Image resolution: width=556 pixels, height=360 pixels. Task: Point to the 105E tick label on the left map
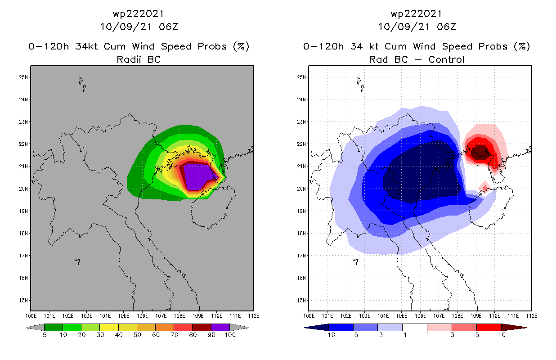pyautogui.click(x=124, y=316)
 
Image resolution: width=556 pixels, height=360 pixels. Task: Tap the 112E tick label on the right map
pyautogui.click(x=532, y=316)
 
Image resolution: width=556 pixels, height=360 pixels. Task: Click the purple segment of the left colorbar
pyautogui.click(x=220, y=327)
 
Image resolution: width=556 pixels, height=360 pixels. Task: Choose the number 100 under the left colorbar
pyautogui.click(x=230, y=335)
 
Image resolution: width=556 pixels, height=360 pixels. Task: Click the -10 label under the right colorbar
pyautogui.click(x=328, y=335)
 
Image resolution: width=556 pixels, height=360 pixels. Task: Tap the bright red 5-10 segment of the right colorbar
pyautogui.click(x=489, y=327)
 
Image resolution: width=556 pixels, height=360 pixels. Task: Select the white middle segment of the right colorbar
pyautogui.click(x=415, y=327)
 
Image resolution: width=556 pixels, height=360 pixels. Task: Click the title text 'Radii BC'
pyautogui.click(x=139, y=59)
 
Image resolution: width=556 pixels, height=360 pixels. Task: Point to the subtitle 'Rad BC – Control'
pyautogui.click(x=417, y=59)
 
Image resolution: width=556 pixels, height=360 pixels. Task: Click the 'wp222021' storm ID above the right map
pyautogui.click(x=417, y=14)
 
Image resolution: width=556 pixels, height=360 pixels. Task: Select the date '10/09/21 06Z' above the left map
pyautogui.click(x=139, y=27)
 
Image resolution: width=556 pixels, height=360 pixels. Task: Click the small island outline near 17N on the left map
pyautogui.click(x=77, y=261)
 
